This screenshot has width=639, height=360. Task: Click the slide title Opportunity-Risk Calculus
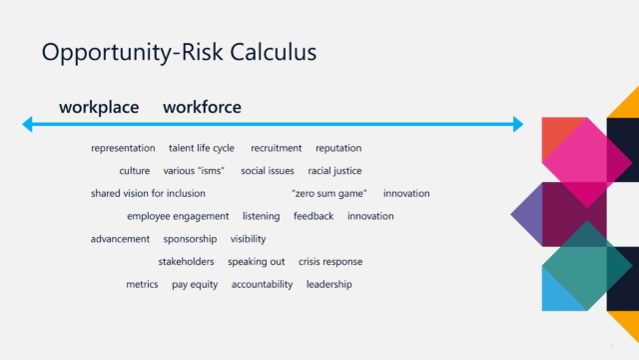coord(179,53)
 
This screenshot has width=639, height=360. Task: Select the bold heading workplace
coord(99,108)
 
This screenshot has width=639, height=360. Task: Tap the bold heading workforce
coord(202,107)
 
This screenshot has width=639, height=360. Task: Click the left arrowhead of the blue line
coord(27,124)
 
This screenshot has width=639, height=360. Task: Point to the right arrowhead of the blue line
coord(518,124)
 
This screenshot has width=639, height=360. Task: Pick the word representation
coord(123,148)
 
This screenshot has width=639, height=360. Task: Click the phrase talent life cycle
coord(202,148)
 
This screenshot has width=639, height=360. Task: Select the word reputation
coord(338,148)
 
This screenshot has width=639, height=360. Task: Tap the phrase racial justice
coord(335,171)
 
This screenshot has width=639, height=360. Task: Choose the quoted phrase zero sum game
coord(329,193)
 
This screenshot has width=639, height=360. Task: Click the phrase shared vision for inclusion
coord(148,193)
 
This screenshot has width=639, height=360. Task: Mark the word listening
coord(262,216)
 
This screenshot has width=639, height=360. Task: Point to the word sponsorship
coord(190,239)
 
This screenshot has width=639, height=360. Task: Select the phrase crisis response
coord(330,262)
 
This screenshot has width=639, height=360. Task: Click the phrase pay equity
coord(195,284)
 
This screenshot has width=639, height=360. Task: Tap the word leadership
coord(329,284)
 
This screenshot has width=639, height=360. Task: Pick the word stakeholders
coord(187,262)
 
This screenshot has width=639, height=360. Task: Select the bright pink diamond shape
coord(587,162)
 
